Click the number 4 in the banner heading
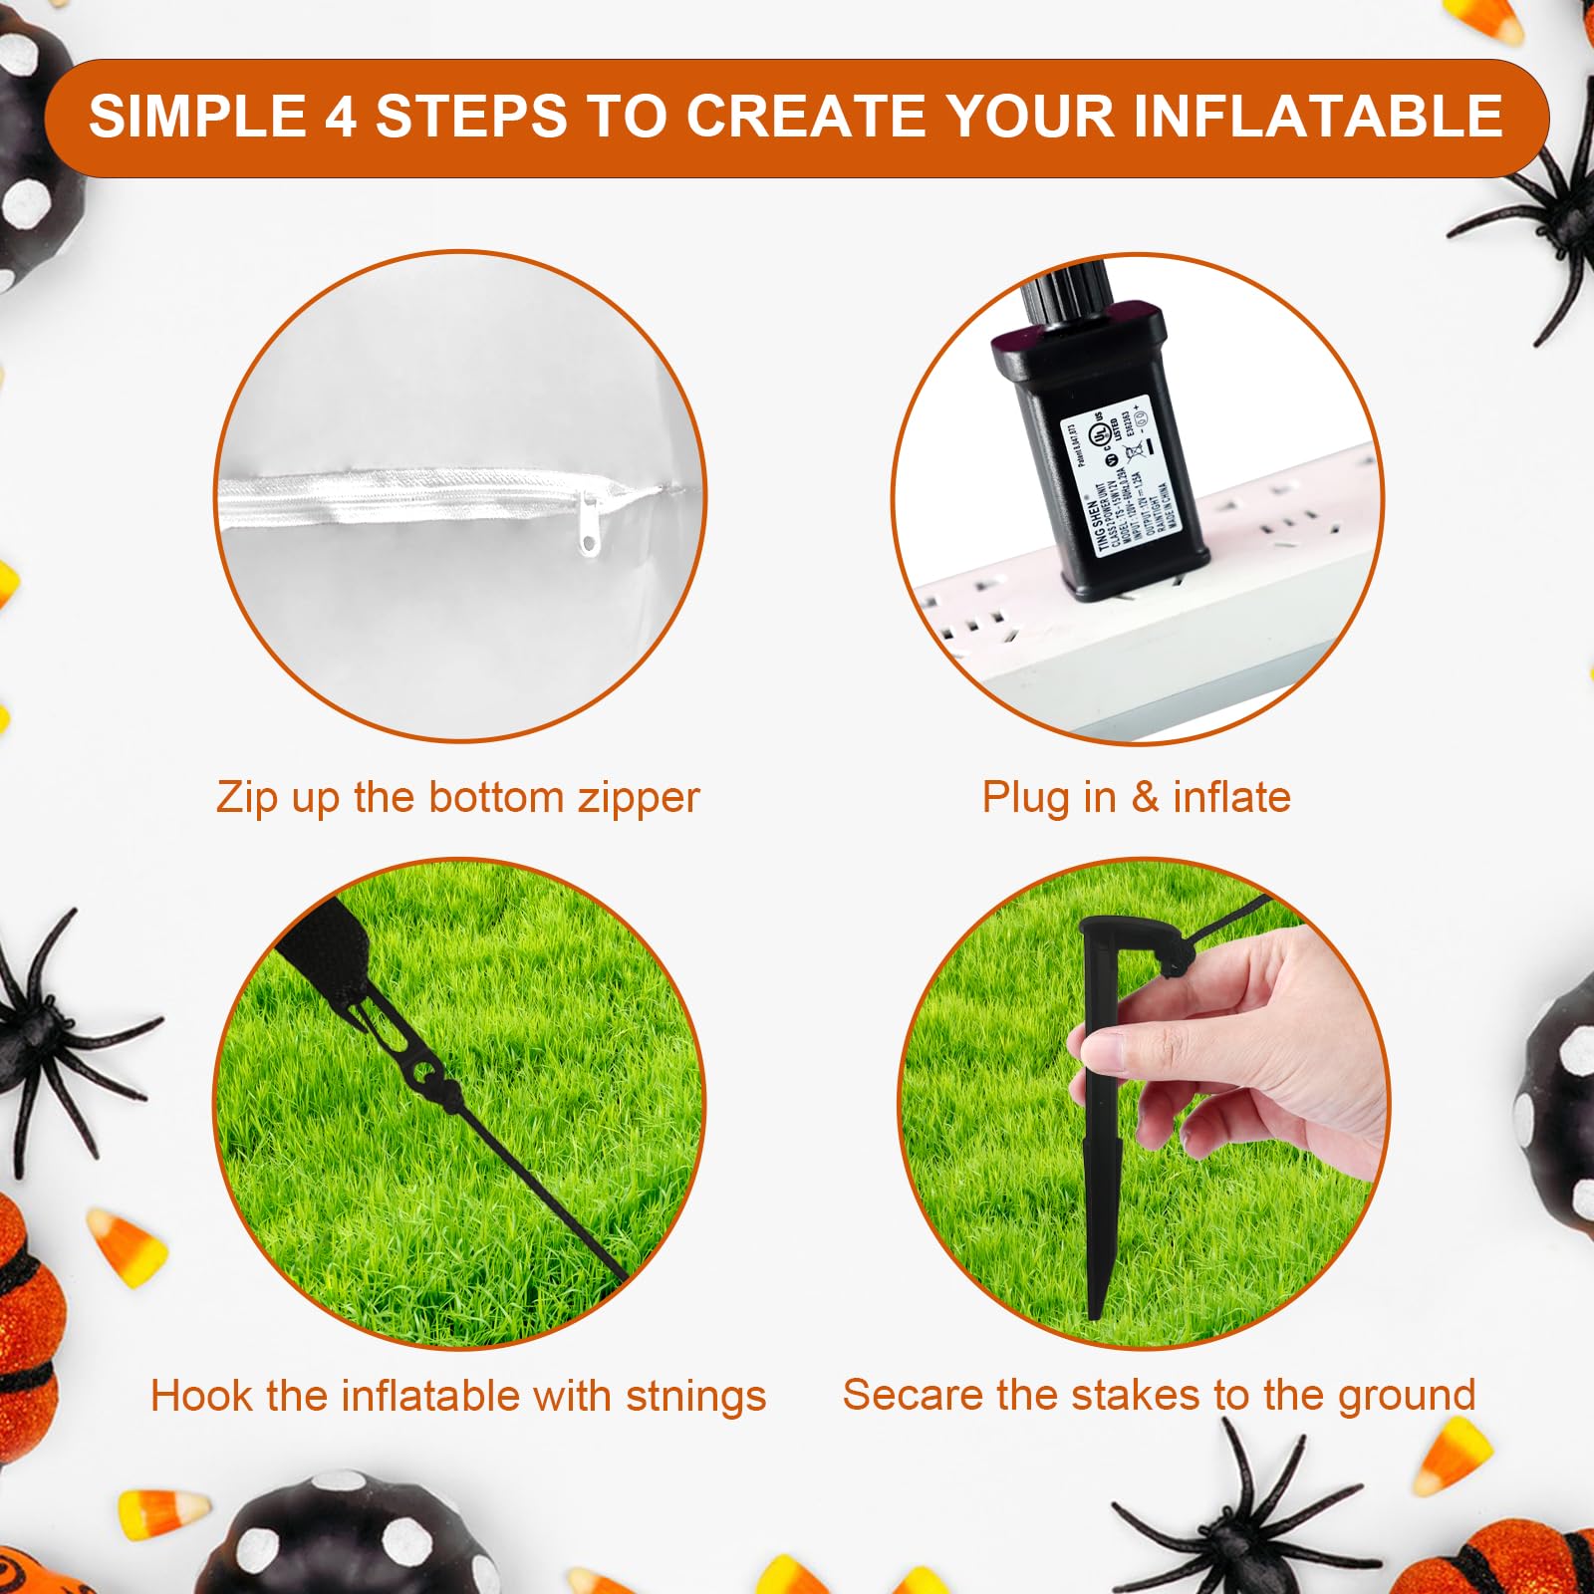[340, 117]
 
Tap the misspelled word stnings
[696, 1396]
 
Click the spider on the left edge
[50, 1036]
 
